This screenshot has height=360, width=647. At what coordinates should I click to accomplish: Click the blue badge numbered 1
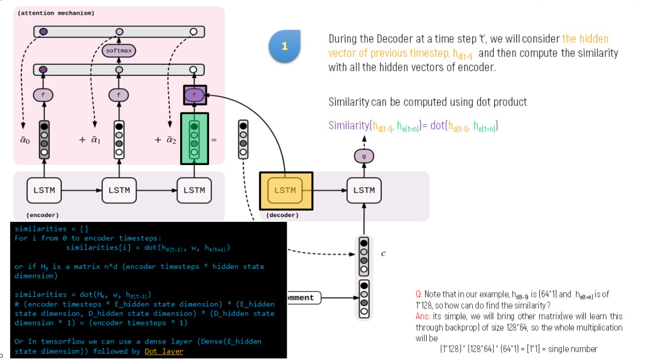click(x=284, y=46)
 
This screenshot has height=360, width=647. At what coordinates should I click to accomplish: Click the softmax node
click(x=118, y=51)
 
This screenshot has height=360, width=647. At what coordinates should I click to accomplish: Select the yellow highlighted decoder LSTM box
click(x=285, y=190)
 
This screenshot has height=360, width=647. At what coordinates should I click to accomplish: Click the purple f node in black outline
click(x=194, y=95)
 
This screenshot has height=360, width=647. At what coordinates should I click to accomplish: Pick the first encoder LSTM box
click(x=44, y=190)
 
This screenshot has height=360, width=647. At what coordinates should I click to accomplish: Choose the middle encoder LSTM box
click(x=119, y=190)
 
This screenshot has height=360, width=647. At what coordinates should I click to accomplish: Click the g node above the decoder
click(x=364, y=156)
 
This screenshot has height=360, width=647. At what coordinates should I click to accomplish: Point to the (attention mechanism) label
click(x=56, y=13)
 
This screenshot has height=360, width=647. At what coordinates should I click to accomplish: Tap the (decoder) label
click(x=282, y=215)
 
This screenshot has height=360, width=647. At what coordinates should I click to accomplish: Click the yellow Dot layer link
click(x=163, y=351)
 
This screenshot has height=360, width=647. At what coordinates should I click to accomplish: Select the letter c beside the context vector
click(x=383, y=253)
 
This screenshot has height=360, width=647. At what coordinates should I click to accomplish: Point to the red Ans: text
click(x=423, y=316)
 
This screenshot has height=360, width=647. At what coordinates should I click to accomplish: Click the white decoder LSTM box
click(x=364, y=190)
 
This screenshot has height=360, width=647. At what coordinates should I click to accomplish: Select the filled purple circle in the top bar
click(x=44, y=32)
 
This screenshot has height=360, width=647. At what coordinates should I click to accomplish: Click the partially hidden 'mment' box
click(x=304, y=297)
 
